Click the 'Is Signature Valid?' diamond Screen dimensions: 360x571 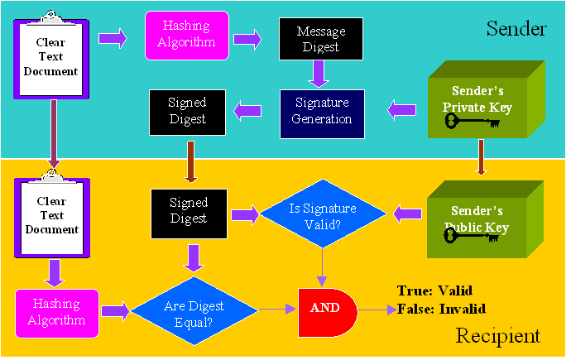pos(323,215)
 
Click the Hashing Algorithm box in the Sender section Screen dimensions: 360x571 pos(187,36)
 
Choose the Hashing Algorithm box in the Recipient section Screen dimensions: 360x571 pos(56,313)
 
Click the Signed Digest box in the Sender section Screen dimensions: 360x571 pos(188,112)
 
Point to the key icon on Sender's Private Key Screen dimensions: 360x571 pos(473,122)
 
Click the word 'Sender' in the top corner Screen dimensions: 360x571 pos(517,30)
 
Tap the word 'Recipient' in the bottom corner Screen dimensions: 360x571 pos(497,335)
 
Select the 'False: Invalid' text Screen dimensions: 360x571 pos(441,309)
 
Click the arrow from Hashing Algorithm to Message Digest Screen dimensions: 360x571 pos(247,37)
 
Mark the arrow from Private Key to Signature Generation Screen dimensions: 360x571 pos(403,108)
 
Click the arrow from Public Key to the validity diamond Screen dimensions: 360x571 pos(405,215)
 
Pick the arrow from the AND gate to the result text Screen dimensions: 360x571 pos(377,310)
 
